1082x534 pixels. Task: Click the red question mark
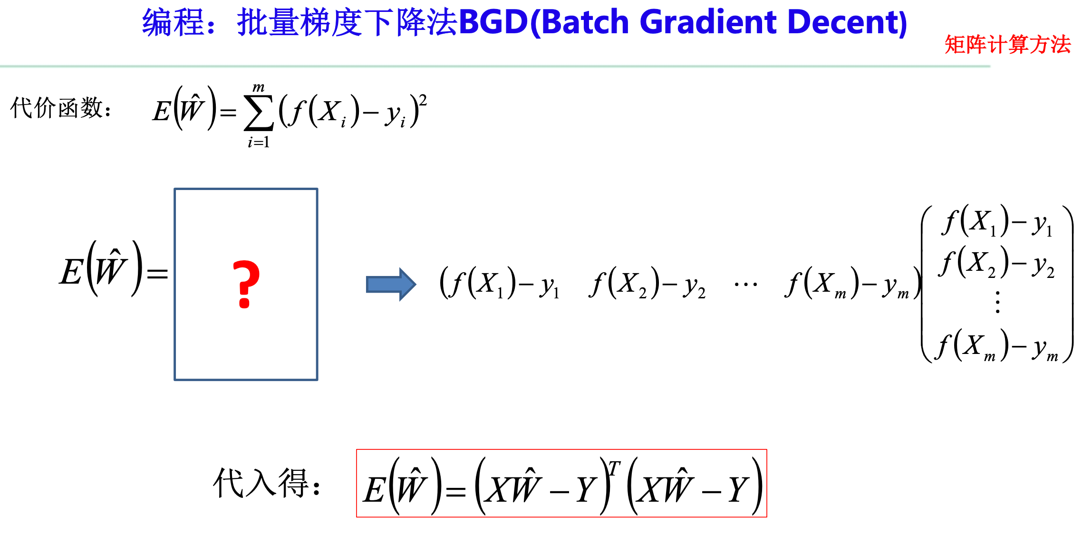(246, 284)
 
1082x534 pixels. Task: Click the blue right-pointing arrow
(391, 284)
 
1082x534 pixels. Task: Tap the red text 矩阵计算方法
(1007, 45)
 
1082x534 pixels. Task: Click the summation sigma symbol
(258, 113)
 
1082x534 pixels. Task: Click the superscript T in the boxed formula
(614, 469)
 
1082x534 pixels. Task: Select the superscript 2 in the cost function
(423, 100)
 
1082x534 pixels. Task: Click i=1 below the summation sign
(259, 142)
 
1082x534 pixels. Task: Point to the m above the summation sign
(258, 87)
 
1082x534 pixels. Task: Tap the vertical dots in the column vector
(997, 302)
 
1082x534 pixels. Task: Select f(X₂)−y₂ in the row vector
(647, 284)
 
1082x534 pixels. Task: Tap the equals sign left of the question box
(157, 273)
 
